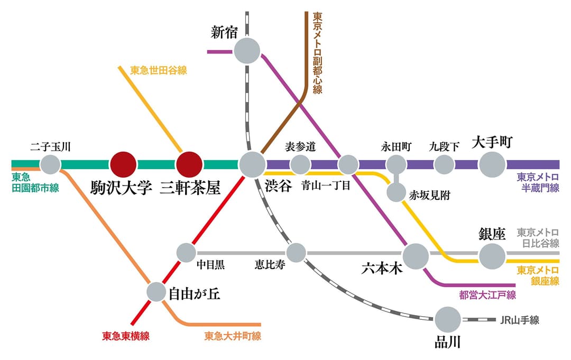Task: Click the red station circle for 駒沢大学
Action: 123,164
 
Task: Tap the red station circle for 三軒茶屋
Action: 189,164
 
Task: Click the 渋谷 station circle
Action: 252,164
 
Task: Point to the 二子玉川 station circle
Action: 51,164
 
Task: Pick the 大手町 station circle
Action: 492,164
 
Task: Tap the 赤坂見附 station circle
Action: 396,192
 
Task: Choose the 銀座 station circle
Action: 492,256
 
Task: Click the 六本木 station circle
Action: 416,256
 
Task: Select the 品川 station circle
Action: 448,320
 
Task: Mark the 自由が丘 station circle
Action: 156,291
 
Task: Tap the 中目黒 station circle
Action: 186,253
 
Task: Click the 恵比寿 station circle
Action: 296,253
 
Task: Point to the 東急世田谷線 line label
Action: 159,70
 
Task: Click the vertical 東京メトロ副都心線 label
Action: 317,53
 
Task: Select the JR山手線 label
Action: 519,320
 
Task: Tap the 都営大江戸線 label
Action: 487,295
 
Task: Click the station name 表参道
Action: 300,146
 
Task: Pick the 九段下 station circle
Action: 444,164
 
